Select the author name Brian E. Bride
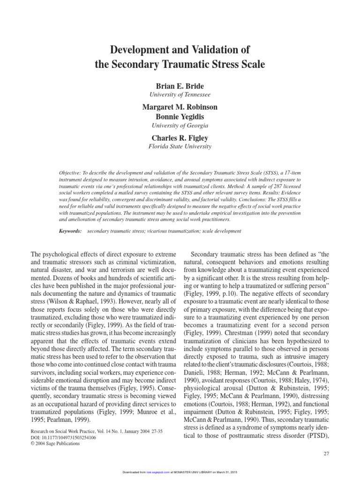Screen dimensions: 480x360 point(180,86)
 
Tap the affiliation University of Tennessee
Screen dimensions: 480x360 point(180,94)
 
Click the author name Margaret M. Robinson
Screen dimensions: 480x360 point(180,107)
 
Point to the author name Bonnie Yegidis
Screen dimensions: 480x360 point(180,116)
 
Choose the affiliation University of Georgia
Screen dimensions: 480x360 point(180,125)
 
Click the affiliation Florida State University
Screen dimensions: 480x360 point(180,146)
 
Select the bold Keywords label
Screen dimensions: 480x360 point(70,231)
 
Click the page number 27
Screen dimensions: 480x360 point(327,454)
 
